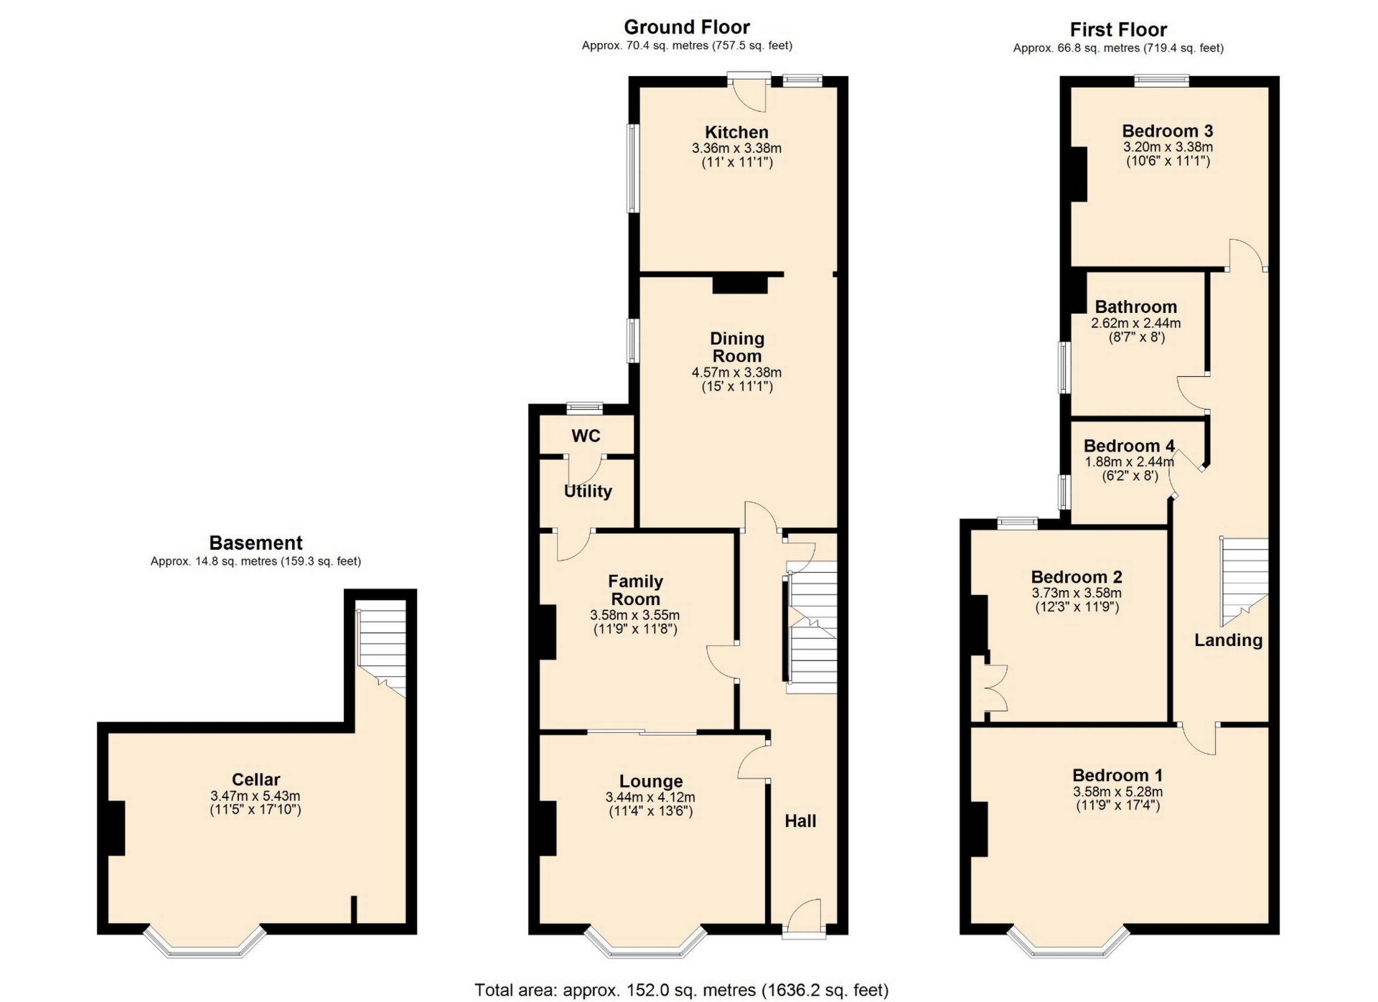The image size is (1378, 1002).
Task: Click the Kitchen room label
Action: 736,132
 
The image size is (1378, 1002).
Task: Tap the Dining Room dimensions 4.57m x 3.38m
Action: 736,373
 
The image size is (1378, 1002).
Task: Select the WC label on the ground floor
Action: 586,436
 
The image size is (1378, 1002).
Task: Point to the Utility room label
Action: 588,492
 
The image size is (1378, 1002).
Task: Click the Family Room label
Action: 636,590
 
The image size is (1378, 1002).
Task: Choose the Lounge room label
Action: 651,782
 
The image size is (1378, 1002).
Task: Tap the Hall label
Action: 800,821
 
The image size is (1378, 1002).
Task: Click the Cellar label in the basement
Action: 256,779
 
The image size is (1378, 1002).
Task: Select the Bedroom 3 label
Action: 1168,131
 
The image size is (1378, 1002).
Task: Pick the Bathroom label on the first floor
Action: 1136,306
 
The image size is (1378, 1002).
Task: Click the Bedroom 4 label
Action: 1129,446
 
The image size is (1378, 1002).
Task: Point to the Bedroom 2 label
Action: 1077,577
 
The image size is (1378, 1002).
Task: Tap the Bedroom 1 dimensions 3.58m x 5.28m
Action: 1118,792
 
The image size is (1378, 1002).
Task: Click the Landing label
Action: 1228,641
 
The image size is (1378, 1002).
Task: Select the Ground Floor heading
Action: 687,27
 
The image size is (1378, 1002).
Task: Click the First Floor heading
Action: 1118,29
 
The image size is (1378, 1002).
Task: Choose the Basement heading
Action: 256,543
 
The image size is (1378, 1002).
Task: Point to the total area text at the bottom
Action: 681,991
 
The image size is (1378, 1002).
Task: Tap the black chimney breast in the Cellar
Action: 116,828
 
